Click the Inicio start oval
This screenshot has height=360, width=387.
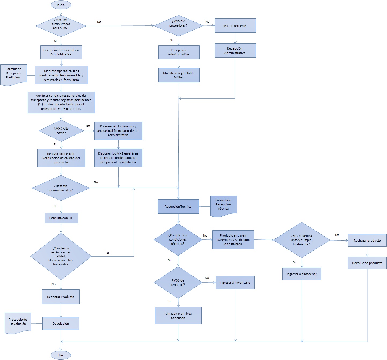pyautogui.click(x=61, y=5)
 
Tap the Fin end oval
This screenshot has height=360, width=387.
pyautogui.click(x=61, y=355)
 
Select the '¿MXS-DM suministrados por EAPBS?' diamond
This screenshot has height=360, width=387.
pyautogui.click(x=61, y=26)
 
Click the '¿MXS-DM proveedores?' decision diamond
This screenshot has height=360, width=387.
pyautogui.click(x=178, y=26)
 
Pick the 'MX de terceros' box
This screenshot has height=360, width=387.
pyautogui.click(x=235, y=26)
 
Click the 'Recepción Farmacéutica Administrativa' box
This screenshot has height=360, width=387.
pyautogui.click(x=61, y=52)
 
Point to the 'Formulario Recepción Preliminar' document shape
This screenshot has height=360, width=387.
pyautogui.click(x=13, y=74)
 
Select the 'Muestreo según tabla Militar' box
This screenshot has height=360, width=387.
pyautogui.click(x=179, y=75)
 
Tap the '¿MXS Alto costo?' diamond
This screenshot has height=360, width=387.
pyautogui.click(x=61, y=131)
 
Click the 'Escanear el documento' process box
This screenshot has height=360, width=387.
pyautogui.click(x=118, y=131)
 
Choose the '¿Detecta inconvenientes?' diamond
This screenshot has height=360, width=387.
pyautogui.click(x=61, y=188)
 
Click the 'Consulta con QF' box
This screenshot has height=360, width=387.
pyautogui.click(x=61, y=218)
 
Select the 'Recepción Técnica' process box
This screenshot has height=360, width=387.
pyautogui.click(x=178, y=207)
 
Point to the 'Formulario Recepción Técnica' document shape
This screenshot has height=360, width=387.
pyautogui.click(x=223, y=205)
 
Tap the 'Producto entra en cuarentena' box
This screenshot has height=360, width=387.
pyautogui.click(x=233, y=240)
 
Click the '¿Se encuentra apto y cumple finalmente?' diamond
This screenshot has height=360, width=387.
pyautogui.click(x=301, y=240)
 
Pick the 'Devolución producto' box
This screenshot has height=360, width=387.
pyautogui.click(x=367, y=263)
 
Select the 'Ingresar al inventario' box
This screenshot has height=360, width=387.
pyautogui.click(x=235, y=283)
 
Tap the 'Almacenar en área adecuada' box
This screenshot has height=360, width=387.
pyautogui.click(x=178, y=316)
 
